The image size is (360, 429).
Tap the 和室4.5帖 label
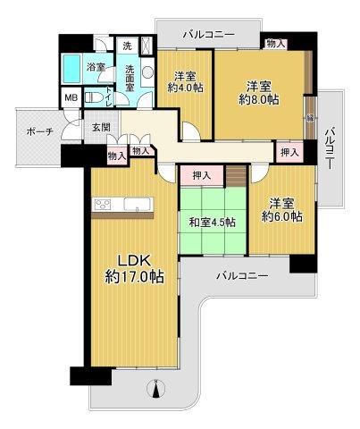213,223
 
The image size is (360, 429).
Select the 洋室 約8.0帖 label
259,93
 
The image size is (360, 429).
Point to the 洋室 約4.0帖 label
185,82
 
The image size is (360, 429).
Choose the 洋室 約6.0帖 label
282,210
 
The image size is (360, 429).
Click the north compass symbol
156,388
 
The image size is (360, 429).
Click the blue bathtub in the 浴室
71,69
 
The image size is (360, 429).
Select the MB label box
71,97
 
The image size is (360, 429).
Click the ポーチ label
39,131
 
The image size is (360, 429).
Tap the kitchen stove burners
102,205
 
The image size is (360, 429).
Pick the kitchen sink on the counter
138,204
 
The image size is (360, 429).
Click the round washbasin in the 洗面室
147,72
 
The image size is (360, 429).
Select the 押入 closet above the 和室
202,175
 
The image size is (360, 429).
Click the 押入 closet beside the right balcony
289,153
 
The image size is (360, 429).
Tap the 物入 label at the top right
275,44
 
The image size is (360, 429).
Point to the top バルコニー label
209,35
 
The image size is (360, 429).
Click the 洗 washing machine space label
127,46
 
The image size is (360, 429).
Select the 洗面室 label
130,78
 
